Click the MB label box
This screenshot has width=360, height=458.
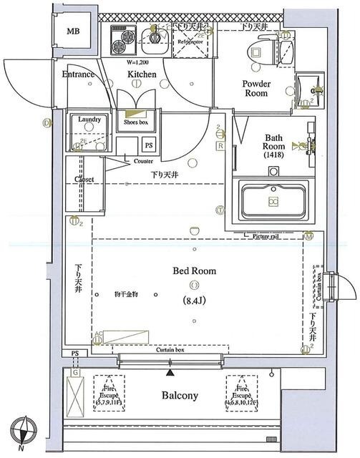click(x=74, y=32)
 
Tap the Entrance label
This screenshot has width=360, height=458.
click(x=78, y=74)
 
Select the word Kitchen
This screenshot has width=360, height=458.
click(x=142, y=74)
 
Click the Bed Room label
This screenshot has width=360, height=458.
click(x=194, y=271)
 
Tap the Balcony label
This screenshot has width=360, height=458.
click(x=179, y=395)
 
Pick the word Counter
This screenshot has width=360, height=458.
click(x=143, y=162)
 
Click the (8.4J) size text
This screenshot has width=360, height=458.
click(x=195, y=300)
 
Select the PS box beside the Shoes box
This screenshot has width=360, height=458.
click(x=149, y=145)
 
